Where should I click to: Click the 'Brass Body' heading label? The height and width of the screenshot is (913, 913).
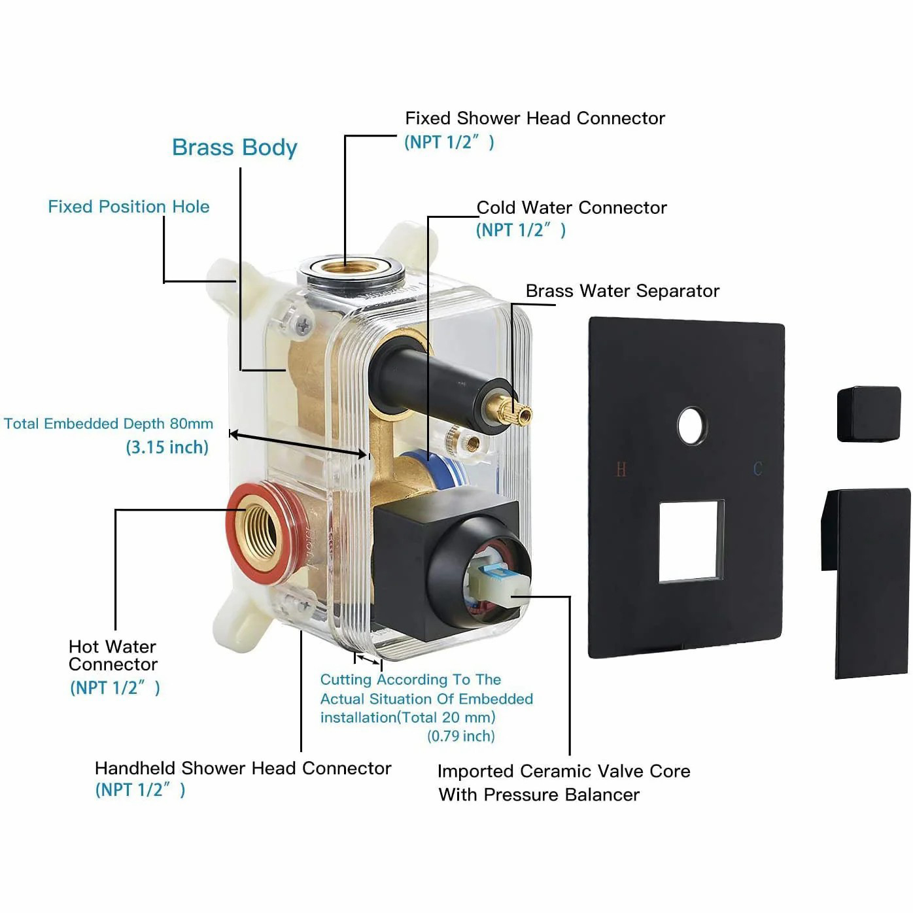pos(234,147)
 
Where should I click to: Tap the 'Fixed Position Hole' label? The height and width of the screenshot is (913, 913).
pos(129,207)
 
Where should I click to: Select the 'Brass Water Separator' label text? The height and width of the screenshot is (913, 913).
pos(622,291)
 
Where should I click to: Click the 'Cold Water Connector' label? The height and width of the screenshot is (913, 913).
pos(571,208)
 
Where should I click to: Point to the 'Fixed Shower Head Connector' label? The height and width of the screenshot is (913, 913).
pos(534,118)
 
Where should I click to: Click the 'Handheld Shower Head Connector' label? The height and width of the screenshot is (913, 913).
pos(243,768)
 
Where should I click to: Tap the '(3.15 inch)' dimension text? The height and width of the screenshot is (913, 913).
pos(167,447)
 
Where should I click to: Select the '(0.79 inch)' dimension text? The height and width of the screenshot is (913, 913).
pos(460,736)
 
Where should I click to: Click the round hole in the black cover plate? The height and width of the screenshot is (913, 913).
pos(691,426)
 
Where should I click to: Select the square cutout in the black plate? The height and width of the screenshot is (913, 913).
pos(691,541)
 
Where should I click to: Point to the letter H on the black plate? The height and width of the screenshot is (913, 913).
pos(621,469)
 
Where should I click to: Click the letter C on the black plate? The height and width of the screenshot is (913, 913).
pos(757,469)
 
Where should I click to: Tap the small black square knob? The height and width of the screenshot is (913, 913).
pos(868,414)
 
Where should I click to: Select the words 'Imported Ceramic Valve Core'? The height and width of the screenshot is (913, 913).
pos(563,771)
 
